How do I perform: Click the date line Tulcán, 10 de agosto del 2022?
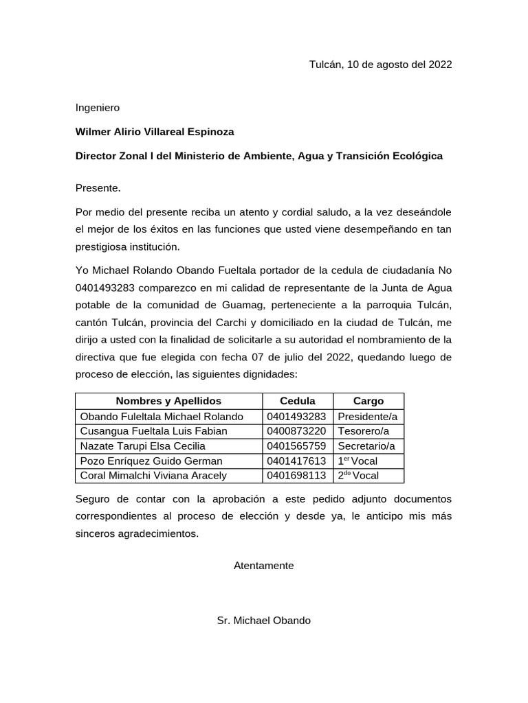(x=380, y=65)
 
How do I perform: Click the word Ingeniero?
(x=97, y=108)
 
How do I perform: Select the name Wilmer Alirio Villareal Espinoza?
(x=155, y=132)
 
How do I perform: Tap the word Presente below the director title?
(x=98, y=187)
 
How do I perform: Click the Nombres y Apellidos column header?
(x=168, y=401)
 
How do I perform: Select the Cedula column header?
(x=298, y=401)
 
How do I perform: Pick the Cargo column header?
(x=368, y=401)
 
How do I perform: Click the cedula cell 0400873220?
(x=296, y=431)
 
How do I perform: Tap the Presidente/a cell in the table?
(x=368, y=417)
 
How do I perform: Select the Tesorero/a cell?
(x=363, y=431)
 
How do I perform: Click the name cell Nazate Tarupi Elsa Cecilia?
(x=143, y=446)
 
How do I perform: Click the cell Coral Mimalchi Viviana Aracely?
(x=153, y=476)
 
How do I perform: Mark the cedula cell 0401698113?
(x=296, y=476)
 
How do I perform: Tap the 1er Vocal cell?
(x=357, y=461)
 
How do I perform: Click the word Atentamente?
(x=263, y=566)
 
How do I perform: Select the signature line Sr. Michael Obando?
(x=263, y=621)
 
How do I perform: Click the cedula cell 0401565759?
(x=296, y=446)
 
